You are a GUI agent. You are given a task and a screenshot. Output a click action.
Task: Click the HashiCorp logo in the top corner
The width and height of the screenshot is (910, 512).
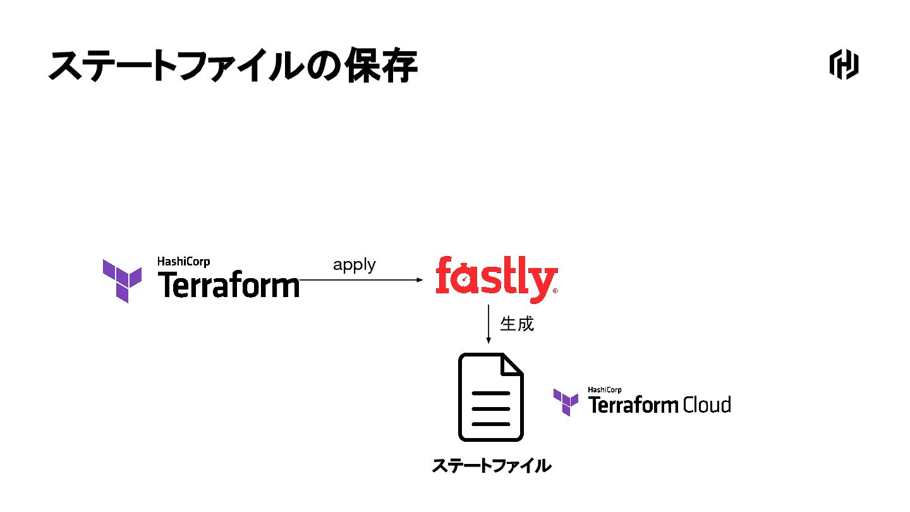tap(844, 64)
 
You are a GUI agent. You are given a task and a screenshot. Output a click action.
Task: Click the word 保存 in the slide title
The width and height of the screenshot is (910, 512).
tap(381, 66)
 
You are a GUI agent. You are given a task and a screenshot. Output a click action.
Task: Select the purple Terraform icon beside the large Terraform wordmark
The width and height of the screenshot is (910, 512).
tap(123, 281)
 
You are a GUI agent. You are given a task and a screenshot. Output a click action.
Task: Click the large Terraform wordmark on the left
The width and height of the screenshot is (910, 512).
tap(228, 285)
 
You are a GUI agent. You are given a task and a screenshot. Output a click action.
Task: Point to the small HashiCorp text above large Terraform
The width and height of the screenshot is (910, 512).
tap(183, 261)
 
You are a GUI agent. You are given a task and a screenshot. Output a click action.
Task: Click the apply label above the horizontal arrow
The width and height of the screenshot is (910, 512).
tap(354, 265)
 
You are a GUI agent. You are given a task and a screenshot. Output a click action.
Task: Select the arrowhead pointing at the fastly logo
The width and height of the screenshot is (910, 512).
tap(419, 280)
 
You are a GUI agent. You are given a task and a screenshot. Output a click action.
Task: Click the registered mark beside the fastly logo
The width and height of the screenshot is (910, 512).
tap(555, 291)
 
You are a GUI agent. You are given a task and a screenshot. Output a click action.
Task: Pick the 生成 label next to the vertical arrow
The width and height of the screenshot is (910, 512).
tap(517, 324)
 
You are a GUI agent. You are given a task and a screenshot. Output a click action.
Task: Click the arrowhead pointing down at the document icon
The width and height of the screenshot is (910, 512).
tap(488, 340)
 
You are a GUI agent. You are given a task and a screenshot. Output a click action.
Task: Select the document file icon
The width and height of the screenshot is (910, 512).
tap(491, 397)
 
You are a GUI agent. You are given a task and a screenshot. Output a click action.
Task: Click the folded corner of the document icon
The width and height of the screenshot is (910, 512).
tap(513, 365)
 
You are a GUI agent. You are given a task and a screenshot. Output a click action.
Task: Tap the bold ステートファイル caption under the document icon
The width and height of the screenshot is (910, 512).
tap(491, 466)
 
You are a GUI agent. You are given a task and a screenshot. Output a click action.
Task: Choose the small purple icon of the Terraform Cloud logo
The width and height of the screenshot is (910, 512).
tap(566, 402)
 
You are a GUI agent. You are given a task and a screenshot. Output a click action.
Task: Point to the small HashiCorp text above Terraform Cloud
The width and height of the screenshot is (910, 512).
tap(605, 390)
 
